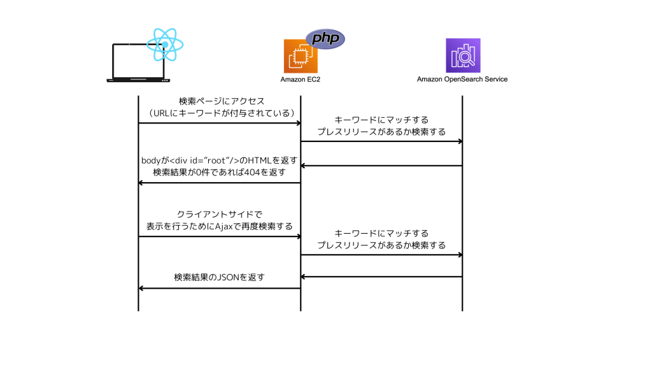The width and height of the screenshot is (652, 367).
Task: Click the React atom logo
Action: tap(164, 44)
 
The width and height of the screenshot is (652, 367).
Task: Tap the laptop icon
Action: tap(138, 63)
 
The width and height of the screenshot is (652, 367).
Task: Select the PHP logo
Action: tap(325, 38)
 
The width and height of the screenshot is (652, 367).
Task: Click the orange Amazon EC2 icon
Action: tap(301, 56)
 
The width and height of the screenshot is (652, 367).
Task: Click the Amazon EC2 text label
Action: tap(301, 80)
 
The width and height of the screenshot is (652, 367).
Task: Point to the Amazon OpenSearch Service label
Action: tap(462, 80)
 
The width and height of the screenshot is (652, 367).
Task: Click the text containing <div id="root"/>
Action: tap(219, 161)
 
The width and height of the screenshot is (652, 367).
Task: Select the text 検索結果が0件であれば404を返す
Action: tap(219, 172)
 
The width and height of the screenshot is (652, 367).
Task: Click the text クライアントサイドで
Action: tap(219, 215)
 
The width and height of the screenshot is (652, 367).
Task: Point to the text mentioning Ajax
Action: tap(219, 226)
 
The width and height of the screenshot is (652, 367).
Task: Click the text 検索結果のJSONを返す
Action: tap(219, 277)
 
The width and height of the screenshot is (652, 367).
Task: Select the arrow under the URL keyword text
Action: tap(219, 123)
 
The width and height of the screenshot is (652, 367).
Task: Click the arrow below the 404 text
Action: tap(219, 183)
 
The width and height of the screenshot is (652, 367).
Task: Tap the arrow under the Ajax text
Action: tap(219, 237)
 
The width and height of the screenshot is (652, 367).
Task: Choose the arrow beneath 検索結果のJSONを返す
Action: tap(219, 289)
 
